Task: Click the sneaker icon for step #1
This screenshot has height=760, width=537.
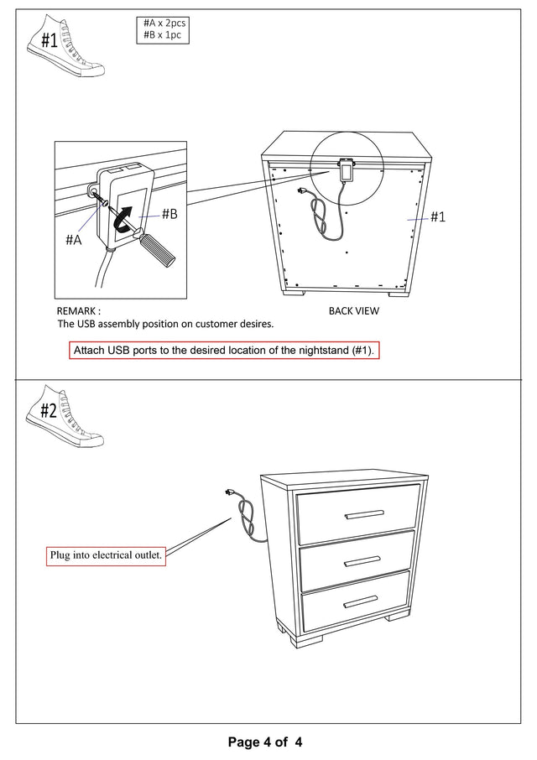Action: click(x=63, y=47)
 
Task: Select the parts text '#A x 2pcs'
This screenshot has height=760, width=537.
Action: click(x=164, y=23)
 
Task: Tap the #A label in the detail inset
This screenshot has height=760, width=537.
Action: click(x=74, y=239)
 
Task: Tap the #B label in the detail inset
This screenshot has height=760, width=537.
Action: click(x=169, y=214)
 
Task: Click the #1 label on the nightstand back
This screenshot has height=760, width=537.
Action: click(x=437, y=216)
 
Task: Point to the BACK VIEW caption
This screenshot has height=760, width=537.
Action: click(x=353, y=310)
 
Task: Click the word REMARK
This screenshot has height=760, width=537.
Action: click(x=79, y=310)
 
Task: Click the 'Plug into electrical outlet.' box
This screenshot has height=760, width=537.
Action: click(x=106, y=554)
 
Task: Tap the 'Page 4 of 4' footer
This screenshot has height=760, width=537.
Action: click(x=264, y=742)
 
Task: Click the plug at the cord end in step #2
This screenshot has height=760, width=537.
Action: click(x=229, y=494)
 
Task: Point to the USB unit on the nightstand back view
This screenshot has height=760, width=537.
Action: click(x=346, y=171)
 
